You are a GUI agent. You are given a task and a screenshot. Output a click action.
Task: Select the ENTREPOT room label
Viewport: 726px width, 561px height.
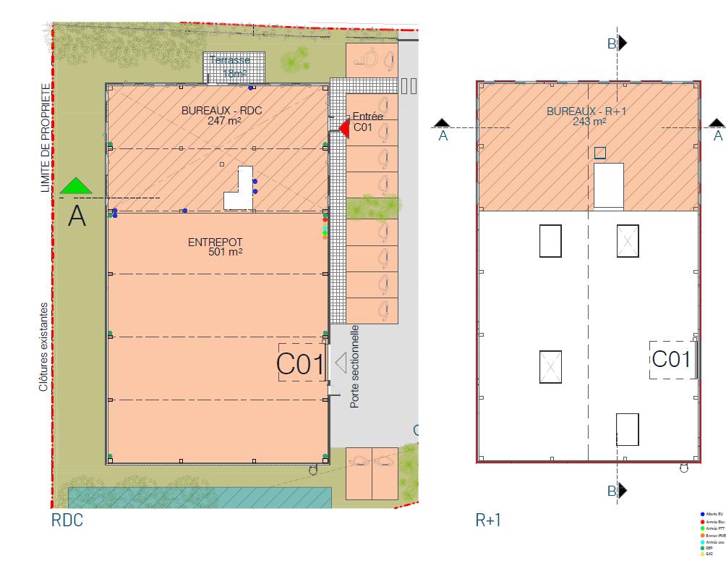[x=215, y=243]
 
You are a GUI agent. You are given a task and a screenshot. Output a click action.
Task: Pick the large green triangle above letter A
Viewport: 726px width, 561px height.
[x=76, y=186]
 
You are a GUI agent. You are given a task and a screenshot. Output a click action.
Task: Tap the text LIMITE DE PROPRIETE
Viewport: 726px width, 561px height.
[x=46, y=138]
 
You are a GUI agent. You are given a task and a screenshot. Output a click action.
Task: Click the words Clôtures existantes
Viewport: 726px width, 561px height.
[x=44, y=347]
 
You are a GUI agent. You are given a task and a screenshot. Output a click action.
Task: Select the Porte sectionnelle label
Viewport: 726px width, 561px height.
[x=354, y=366]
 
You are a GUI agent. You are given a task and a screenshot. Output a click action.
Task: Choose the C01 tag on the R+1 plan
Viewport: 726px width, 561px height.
[x=671, y=359]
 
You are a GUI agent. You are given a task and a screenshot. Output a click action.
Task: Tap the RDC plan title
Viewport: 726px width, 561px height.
[x=67, y=520]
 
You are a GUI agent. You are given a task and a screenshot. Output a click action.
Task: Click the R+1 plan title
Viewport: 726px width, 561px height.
[x=488, y=520]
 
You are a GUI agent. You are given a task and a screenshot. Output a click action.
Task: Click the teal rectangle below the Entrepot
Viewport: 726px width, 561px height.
[x=200, y=497]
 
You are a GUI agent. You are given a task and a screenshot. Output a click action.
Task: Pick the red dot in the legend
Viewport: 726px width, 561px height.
[x=702, y=520]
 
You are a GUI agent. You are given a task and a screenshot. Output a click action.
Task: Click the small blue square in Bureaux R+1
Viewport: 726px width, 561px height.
[x=600, y=153]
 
